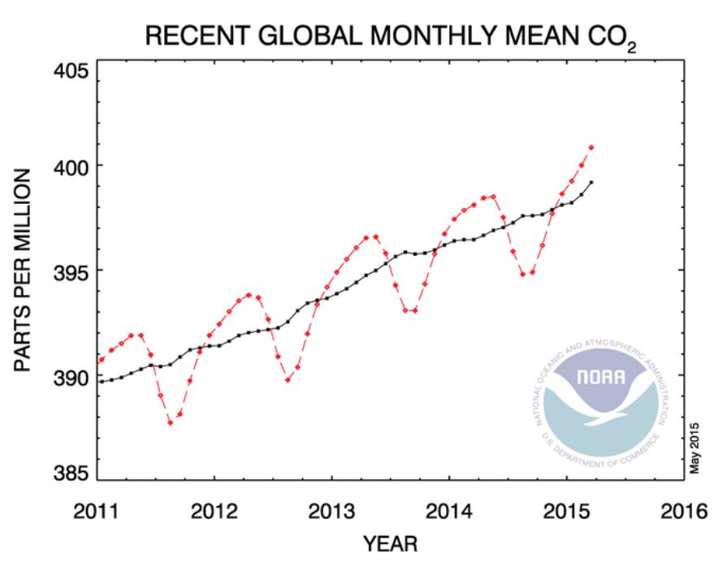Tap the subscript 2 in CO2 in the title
click(x=630, y=49)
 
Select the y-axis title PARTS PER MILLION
click(x=24, y=270)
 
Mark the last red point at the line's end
click(x=591, y=147)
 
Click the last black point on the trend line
click(x=591, y=182)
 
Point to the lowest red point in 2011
click(x=170, y=422)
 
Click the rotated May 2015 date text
click(x=695, y=446)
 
